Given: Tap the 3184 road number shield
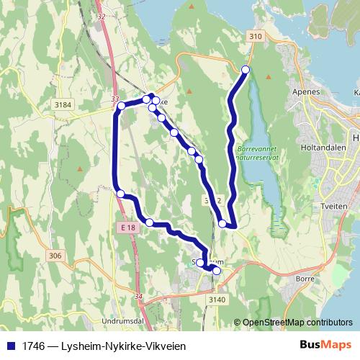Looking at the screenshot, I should click(63, 105).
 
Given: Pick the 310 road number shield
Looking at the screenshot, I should click(254, 36).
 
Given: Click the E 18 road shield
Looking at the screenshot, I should click(129, 228).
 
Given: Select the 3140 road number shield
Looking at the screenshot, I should click(217, 299).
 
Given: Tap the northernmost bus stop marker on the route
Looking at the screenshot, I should click(245, 69).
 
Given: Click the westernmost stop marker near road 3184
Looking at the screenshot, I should click(121, 106).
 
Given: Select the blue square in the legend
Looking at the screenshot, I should click(11, 346).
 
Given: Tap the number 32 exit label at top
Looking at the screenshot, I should click(100, 16).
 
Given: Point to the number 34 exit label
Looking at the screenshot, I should click(138, 296).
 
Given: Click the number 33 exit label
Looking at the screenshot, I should click(115, 99).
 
